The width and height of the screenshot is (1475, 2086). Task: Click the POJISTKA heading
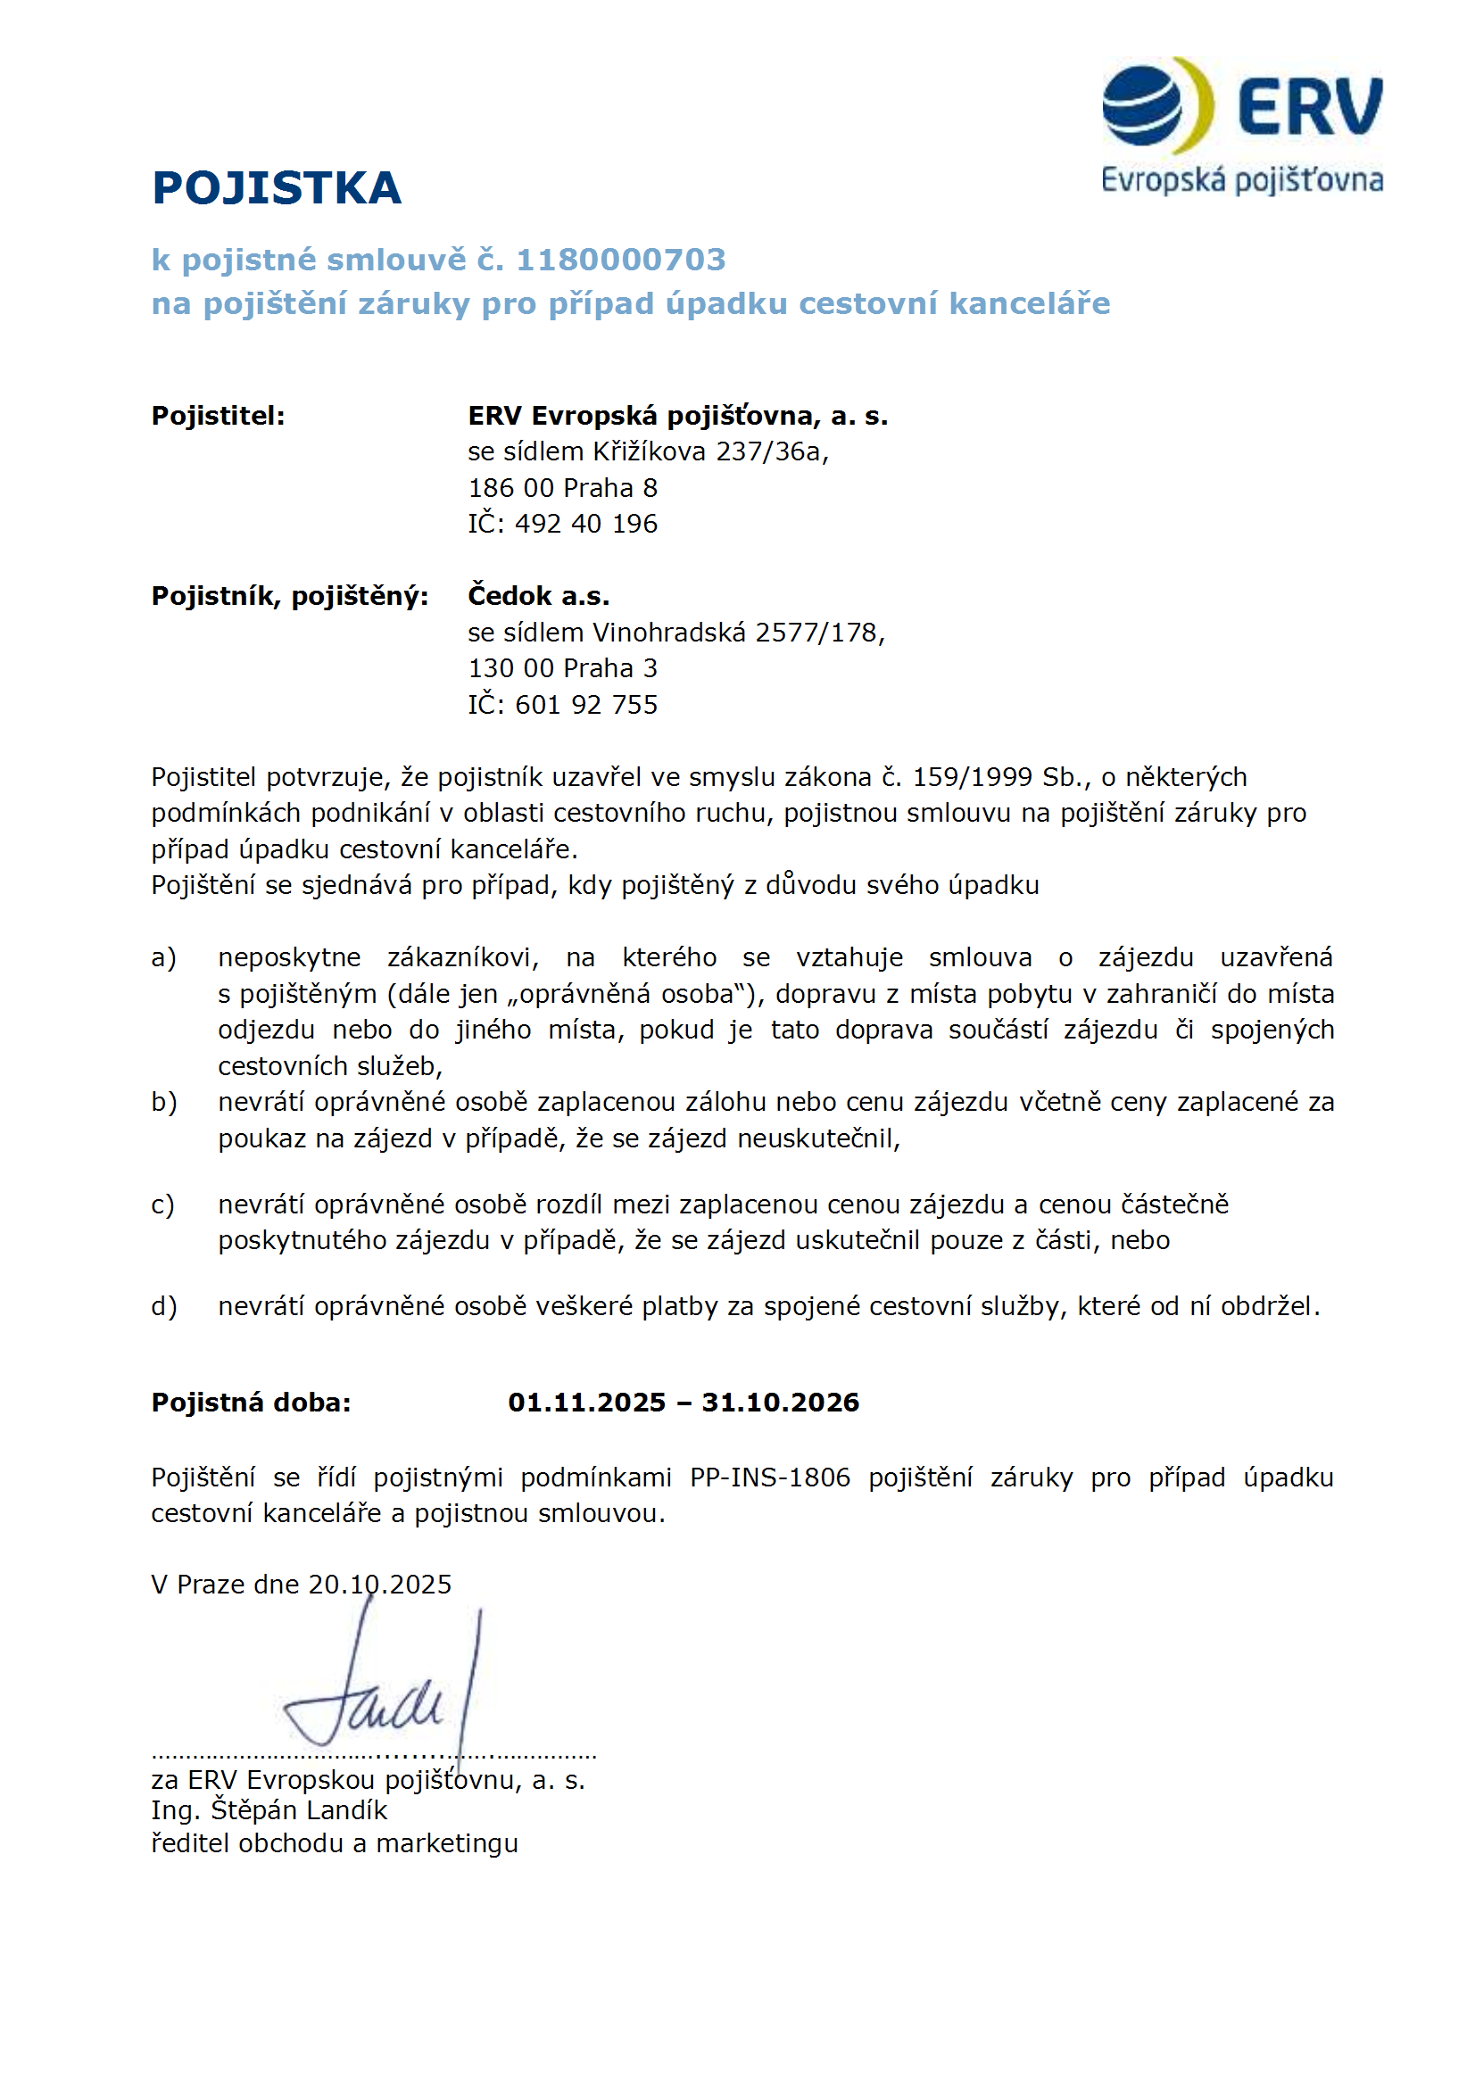pyautogui.click(x=277, y=188)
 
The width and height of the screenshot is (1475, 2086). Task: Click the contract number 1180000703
pyautogui.click(x=621, y=260)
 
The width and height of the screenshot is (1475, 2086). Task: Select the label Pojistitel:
pyautogui.click(x=218, y=416)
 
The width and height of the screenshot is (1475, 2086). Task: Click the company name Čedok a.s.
pyautogui.click(x=538, y=596)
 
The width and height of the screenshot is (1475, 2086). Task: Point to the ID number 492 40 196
pyautogui.click(x=585, y=525)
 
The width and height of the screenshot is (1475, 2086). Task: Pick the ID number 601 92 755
pyautogui.click(x=585, y=705)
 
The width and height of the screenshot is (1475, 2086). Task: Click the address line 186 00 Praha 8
pyautogui.click(x=562, y=488)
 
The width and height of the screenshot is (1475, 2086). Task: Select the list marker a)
pyautogui.click(x=163, y=957)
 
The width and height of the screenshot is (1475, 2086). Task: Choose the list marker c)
pyautogui.click(x=163, y=1204)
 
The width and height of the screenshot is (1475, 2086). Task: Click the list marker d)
pyautogui.click(x=163, y=1306)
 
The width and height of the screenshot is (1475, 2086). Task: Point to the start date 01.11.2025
pyautogui.click(x=586, y=1403)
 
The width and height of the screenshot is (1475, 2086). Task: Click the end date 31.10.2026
pyautogui.click(x=780, y=1403)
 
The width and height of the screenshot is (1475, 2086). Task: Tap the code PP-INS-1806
pyautogui.click(x=770, y=1478)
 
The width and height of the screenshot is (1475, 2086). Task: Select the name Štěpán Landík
pyautogui.click(x=299, y=1810)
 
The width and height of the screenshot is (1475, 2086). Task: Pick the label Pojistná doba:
pyautogui.click(x=251, y=1403)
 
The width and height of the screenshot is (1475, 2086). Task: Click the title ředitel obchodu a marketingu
pyautogui.click(x=335, y=1843)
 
